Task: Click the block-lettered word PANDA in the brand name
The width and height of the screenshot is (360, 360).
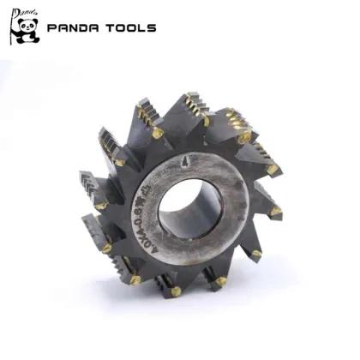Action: point(74,27)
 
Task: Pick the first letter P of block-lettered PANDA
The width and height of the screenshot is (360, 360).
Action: point(52,27)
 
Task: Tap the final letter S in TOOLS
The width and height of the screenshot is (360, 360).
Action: point(152,27)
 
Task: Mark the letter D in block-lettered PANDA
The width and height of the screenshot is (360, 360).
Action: point(84,27)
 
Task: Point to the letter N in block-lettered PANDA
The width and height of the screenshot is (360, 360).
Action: point(74,27)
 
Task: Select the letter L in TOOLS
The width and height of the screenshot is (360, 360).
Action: point(142,27)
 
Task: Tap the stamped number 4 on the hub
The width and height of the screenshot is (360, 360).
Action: point(210,160)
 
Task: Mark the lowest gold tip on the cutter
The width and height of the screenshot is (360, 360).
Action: point(176,291)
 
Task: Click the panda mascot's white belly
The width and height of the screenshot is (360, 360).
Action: point(25,37)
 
